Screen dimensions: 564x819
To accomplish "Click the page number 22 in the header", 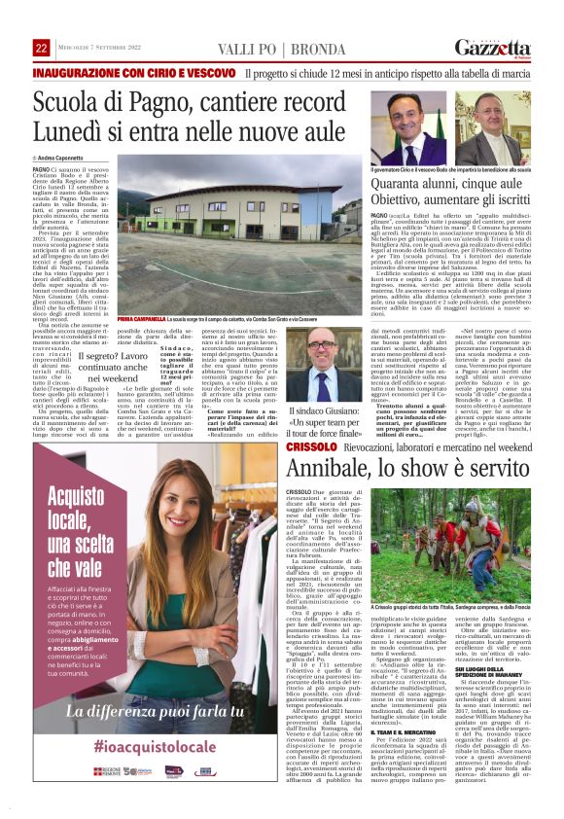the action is coord(41,48).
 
